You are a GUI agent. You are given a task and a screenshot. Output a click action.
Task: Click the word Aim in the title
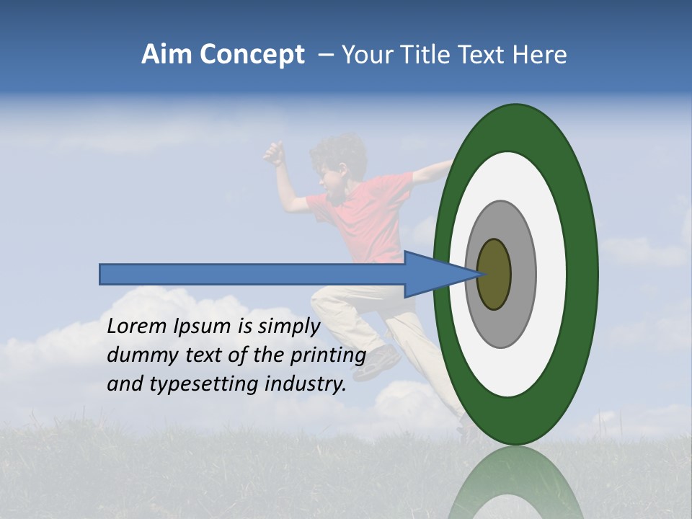(167, 55)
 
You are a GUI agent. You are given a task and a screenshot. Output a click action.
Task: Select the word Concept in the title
(252, 56)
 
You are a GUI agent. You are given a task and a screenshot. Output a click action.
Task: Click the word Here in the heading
(540, 55)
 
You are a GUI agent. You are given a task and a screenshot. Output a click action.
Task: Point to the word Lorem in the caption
(136, 327)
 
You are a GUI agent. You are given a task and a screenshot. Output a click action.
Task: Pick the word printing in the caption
(329, 356)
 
